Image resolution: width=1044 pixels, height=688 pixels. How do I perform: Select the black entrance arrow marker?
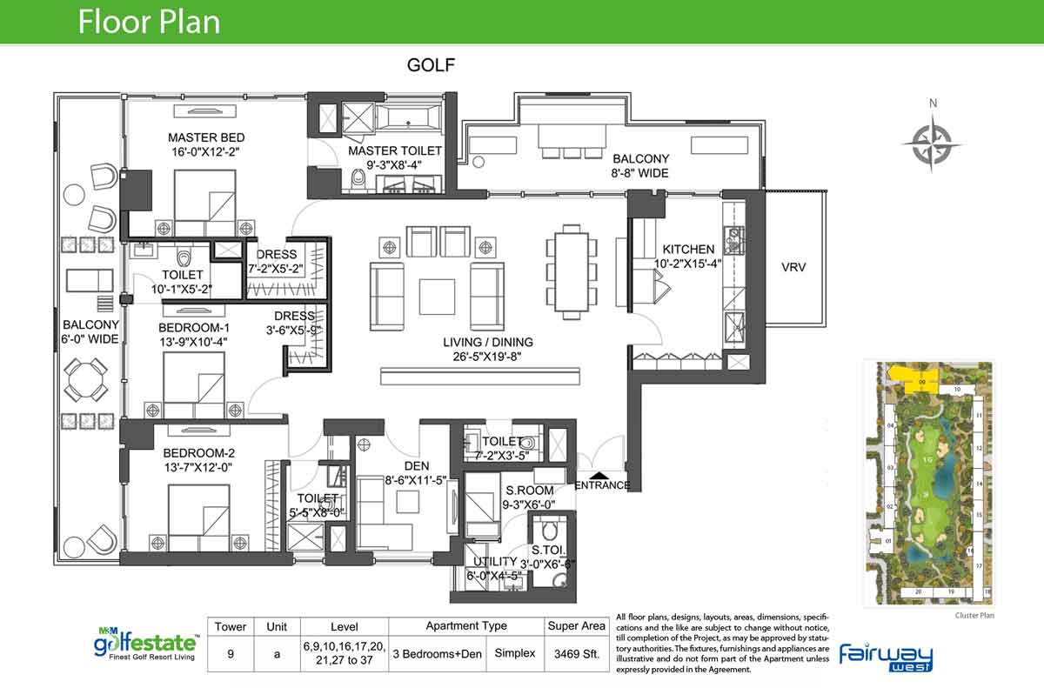click(x=600, y=476)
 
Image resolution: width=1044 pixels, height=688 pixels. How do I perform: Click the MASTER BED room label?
click(x=206, y=137)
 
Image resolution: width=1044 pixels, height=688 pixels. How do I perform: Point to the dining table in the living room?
click(x=572, y=271)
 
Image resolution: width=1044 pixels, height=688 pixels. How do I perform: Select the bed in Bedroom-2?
click(x=198, y=517)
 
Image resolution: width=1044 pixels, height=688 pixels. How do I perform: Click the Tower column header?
click(x=231, y=626)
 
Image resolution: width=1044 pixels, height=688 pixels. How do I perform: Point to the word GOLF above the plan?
click(x=432, y=65)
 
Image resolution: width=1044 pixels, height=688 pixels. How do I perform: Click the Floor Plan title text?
click(x=149, y=22)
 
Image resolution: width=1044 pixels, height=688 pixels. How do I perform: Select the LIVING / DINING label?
click(x=487, y=342)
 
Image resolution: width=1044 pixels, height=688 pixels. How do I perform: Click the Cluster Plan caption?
click(x=973, y=616)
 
